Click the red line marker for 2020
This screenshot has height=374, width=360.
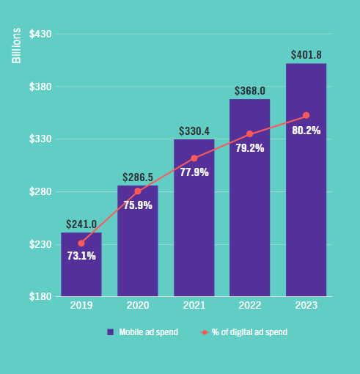[x=137, y=191]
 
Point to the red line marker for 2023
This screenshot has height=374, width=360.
[x=306, y=115]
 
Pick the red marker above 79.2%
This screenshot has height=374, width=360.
[x=249, y=134]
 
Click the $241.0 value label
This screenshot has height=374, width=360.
[x=81, y=224]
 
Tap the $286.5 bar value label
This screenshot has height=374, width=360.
[x=137, y=177]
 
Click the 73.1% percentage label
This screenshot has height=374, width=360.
[x=81, y=256]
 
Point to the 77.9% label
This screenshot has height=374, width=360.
[x=194, y=172]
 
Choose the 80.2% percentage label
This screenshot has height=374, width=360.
[x=306, y=130]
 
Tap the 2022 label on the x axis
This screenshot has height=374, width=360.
[x=249, y=306]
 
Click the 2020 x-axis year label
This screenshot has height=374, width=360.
[x=137, y=306]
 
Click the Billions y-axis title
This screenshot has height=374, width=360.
[x=16, y=45]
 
